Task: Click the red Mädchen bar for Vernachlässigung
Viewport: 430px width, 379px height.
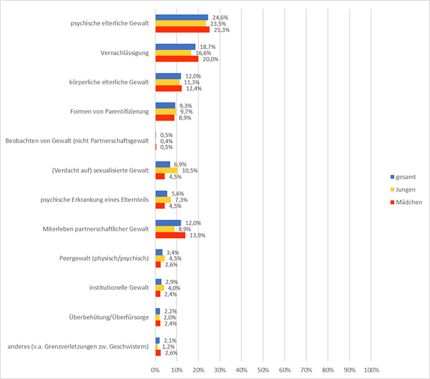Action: pos(177,59)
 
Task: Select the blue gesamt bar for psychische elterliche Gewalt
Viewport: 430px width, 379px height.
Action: pos(182,17)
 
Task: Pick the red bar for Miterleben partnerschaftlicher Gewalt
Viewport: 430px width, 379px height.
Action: pos(170,235)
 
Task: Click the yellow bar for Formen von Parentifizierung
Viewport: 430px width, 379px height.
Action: pos(165,112)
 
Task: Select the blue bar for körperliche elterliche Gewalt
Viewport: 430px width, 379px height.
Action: pos(168,76)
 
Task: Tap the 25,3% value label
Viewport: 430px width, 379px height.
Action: pos(221,30)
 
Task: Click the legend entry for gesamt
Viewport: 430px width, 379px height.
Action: pos(404,177)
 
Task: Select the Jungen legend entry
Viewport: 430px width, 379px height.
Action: pos(404,189)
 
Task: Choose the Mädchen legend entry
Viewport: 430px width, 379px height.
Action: pos(406,202)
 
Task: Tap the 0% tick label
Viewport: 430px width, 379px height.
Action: pos(155,370)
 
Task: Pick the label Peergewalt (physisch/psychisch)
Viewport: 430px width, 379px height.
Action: pos(104,258)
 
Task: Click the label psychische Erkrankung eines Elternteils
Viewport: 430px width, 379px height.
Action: pos(95,200)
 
